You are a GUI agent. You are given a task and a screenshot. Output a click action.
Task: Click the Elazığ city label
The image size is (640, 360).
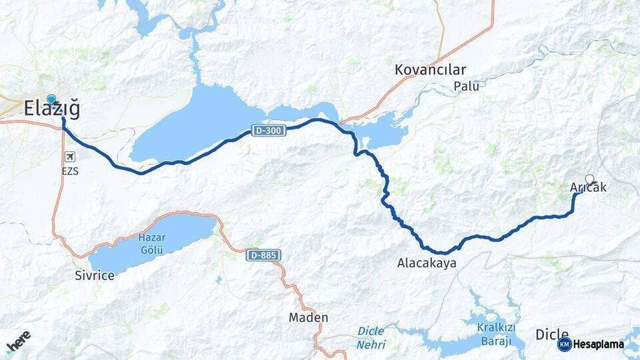tap(51, 109)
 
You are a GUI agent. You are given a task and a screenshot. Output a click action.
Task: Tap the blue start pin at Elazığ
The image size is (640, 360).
tap(51, 100)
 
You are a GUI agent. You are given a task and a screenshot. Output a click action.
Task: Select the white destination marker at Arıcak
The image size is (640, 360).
tap(589, 179)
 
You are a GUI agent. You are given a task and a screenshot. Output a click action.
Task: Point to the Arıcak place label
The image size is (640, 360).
tap(589, 188)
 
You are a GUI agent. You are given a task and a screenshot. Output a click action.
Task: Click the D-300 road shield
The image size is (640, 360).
tap(269, 131)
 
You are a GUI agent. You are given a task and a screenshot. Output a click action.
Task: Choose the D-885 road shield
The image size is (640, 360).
tap(263, 255)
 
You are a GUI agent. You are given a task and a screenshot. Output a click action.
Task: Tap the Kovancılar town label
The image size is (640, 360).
tap(430, 69)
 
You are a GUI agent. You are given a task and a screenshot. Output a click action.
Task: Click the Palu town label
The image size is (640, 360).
tap(466, 86)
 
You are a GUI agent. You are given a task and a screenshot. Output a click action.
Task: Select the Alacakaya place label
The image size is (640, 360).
tap(427, 263)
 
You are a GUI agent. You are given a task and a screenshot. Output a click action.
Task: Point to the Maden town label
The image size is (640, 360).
tap(308, 317)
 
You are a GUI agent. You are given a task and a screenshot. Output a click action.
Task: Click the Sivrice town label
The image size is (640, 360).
tap(94, 275)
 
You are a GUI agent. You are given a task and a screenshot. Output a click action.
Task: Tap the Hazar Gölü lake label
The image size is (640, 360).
tap(151, 243)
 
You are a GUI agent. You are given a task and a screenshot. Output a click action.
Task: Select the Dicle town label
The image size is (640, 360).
tap(552, 335)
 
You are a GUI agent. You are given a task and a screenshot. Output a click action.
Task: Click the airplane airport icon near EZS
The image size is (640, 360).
tap(70, 157)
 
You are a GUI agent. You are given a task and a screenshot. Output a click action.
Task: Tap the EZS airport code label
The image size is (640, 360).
tap(70, 171)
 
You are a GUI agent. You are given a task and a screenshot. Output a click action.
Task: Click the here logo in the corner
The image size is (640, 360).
tap(18, 341)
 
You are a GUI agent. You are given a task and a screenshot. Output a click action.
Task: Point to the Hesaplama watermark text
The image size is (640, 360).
tap(599, 345)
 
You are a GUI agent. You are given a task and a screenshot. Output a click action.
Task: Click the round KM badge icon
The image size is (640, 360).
tap(565, 345)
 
